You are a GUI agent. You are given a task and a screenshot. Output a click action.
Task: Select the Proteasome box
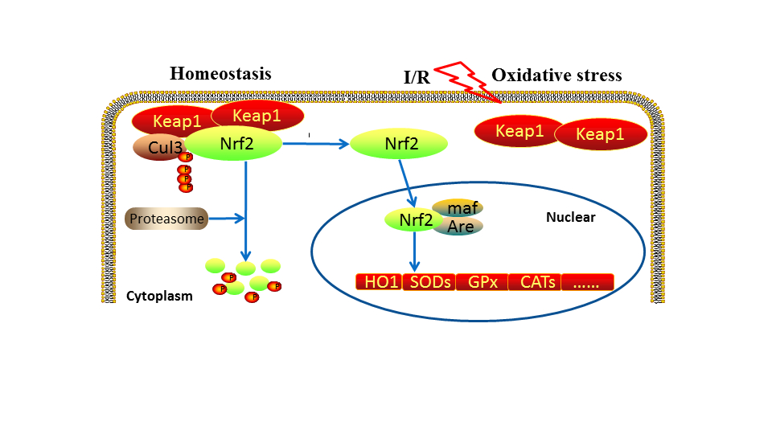coord(166,217)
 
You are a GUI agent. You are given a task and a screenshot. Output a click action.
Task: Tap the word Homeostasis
coord(220,74)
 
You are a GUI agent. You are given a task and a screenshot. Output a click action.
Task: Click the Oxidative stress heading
coord(556,76)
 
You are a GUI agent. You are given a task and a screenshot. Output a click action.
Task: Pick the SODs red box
coord(431,282)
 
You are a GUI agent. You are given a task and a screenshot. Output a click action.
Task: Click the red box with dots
coord(587,282)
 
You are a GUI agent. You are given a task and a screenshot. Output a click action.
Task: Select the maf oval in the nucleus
coord(458,209)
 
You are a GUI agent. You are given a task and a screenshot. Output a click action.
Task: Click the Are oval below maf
coord(459,227)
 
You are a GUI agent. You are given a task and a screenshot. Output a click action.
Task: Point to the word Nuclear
coord(570,217)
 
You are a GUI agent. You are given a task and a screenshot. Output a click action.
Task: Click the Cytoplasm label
coord(159,296)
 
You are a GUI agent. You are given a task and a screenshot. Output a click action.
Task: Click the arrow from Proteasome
coord(226,218)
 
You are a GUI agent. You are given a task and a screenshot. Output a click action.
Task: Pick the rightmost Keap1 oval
coord(600,134)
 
